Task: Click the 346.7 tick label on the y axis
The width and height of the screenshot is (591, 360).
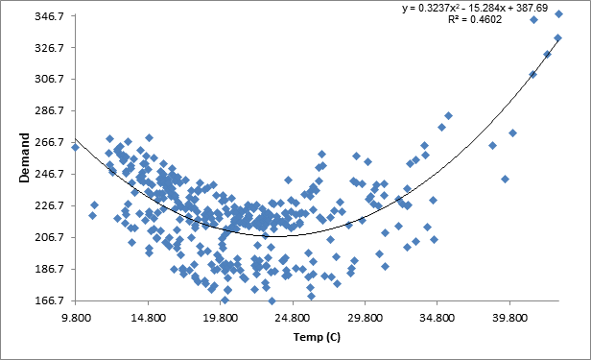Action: click(x=50, y=16)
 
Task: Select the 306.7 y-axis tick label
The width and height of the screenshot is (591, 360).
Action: click(x=50, y=80)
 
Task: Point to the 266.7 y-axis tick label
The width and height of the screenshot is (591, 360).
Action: click(x=50, y=142)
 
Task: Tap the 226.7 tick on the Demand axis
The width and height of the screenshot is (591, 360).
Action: click(x=50, y=205)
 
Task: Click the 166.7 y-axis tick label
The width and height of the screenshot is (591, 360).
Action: click(x=50, y=300)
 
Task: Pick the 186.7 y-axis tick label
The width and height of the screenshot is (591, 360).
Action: click(x=50, y=269)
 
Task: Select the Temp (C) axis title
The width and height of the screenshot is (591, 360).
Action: click(x=317, y=337)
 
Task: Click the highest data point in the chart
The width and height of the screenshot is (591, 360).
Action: click(x=558, y=14)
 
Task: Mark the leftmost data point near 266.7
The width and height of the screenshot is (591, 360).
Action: click(x=76, y=147)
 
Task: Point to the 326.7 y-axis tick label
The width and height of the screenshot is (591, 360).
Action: click(x=50, y=48)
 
